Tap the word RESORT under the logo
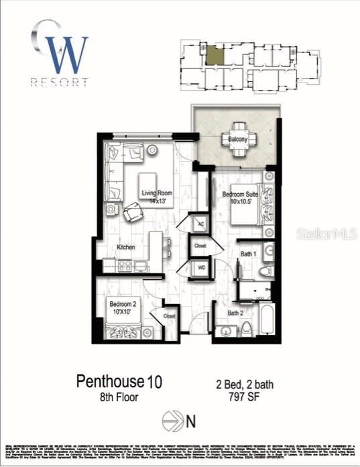60,83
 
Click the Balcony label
238,140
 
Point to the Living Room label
157,194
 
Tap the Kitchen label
126,248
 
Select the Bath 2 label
235,313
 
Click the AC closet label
200,224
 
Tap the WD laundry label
200,268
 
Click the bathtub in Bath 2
266,321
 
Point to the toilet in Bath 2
246,328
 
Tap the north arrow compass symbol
172,422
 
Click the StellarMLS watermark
321,234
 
